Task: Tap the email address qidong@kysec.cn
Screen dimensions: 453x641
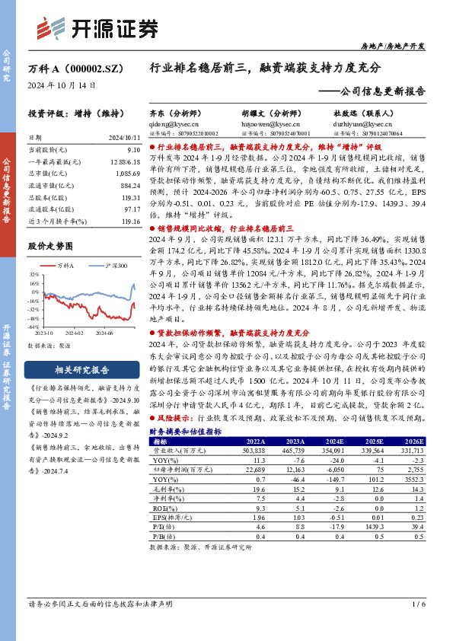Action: coord(169,121)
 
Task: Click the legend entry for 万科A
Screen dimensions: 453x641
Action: coord(65,265)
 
